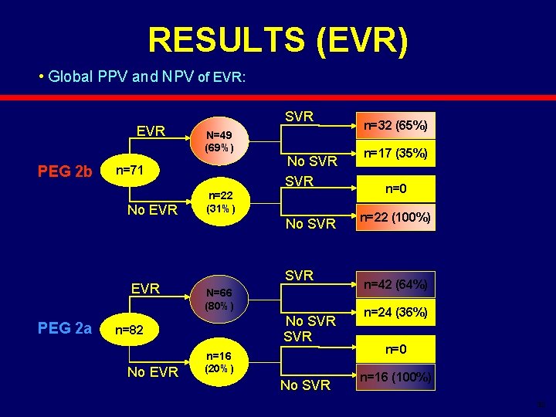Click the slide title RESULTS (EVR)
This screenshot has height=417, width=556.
click(277, 41)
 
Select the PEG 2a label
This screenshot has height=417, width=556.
click(66, 330)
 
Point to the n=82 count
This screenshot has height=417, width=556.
click(132, 330)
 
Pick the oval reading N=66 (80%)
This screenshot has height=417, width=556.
click(225, 299)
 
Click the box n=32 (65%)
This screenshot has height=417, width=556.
click(396, 124)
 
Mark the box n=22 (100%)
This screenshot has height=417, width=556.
click(396, 218)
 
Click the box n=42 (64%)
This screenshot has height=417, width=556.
click(396, 284)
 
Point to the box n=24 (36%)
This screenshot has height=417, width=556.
click(396, 313)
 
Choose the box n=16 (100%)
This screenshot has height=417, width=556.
click(396, 378)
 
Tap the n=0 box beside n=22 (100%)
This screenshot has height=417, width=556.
click(396, 187)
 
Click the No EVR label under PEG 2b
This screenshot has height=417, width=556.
click(152, 209)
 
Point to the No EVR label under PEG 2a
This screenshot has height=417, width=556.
click(152, 372)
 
